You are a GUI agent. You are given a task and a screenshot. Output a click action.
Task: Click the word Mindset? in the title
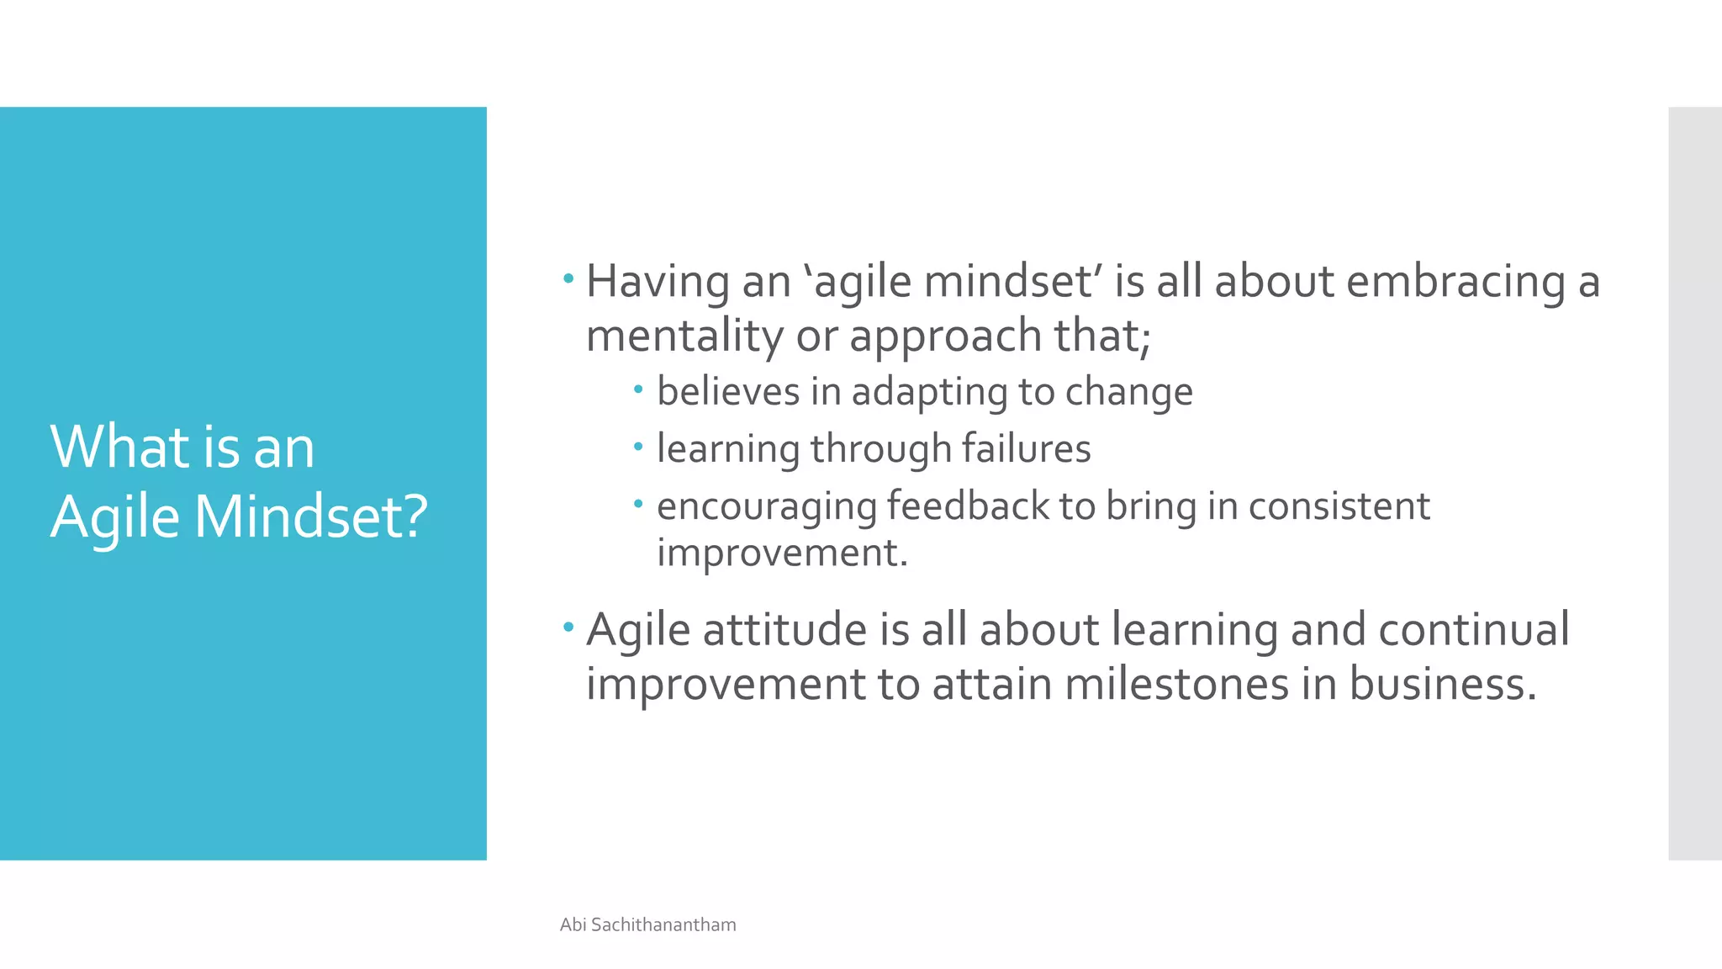(311, 516)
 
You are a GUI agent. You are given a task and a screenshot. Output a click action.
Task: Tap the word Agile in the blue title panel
(114, 516)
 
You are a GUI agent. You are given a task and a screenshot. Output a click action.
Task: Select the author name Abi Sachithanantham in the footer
(647, 924)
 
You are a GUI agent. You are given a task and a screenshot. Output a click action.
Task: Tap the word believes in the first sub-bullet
(727, 391)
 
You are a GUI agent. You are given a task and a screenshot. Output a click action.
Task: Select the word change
(1128, 392)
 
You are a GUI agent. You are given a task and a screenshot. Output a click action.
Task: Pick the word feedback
(967, 506)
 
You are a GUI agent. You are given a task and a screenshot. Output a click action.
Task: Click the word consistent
(1339, 506)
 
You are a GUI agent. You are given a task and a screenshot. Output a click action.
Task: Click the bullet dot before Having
(568, 278)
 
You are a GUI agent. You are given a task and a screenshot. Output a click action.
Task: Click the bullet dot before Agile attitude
(568, 626)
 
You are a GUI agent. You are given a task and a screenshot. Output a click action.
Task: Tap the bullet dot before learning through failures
(638, 446)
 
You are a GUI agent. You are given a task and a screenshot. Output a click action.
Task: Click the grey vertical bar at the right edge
(1694, 484)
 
